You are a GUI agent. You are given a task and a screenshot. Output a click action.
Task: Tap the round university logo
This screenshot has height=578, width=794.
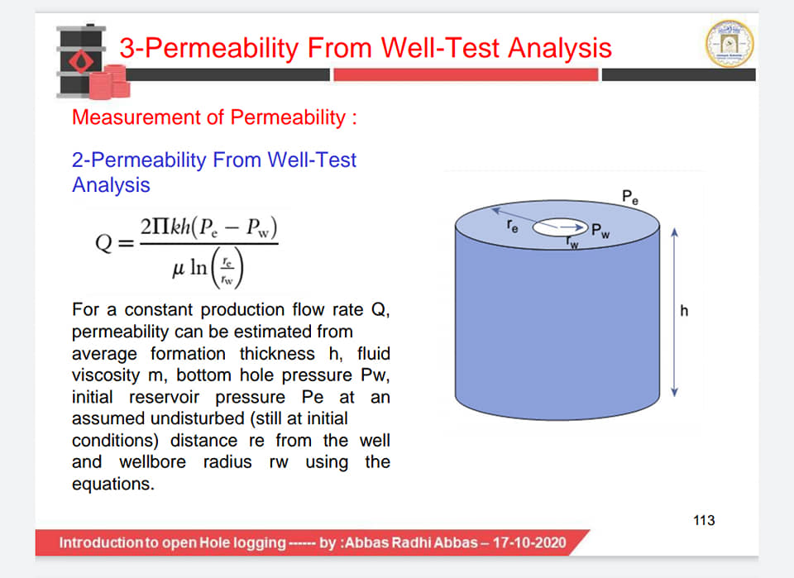(x=729, y=44)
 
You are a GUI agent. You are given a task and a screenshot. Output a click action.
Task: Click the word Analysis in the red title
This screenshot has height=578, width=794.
(x=560, y=48)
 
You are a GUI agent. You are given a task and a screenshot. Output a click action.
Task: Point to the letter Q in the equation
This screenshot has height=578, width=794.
(x=104, y=242)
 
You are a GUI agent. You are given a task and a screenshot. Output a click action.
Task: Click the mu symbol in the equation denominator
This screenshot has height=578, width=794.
(x=179, y=268)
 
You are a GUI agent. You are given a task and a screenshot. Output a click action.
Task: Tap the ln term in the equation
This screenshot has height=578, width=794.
(x=198, y=267)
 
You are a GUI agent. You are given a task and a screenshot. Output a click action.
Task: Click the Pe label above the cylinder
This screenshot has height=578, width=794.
(x=630, y=197)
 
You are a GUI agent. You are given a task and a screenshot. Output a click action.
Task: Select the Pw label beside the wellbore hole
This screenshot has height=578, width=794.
(x=600, y=231)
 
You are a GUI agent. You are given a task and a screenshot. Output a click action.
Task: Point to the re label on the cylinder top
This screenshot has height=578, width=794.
(x=513, y=227)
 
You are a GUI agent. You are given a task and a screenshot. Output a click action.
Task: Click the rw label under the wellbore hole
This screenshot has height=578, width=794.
(x=572, y=242)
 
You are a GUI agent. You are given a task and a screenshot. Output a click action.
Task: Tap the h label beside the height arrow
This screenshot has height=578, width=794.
(x=684, y=310)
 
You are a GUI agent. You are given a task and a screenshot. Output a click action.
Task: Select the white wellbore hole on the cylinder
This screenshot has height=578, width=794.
(x=560, y=227)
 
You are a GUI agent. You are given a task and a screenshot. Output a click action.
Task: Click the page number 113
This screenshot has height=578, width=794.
(x=704, y=520)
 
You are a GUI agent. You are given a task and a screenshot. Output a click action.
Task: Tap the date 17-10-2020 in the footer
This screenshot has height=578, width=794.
(x=529, y=542)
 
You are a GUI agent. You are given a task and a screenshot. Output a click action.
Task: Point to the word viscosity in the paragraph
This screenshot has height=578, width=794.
(x=106, y=375)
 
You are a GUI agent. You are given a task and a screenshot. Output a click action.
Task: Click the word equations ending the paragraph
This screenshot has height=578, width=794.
(x=113, y=485)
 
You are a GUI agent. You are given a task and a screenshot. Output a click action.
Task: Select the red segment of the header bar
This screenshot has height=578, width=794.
(x=466, y=75)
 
